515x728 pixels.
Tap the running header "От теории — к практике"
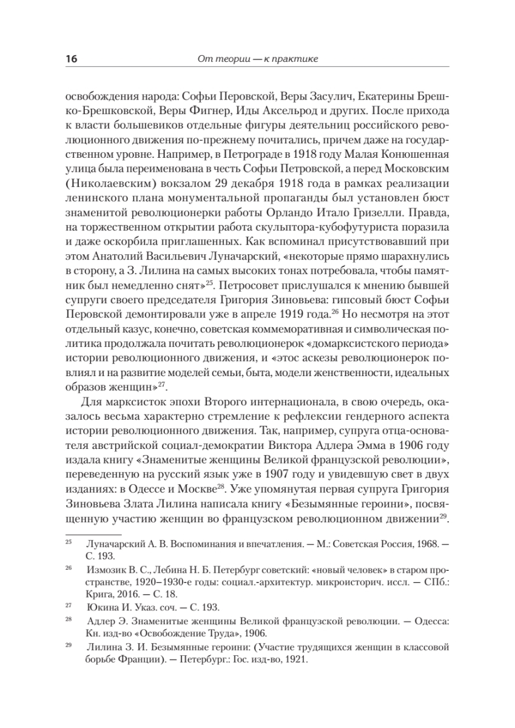258,59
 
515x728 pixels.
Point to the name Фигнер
203,112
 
